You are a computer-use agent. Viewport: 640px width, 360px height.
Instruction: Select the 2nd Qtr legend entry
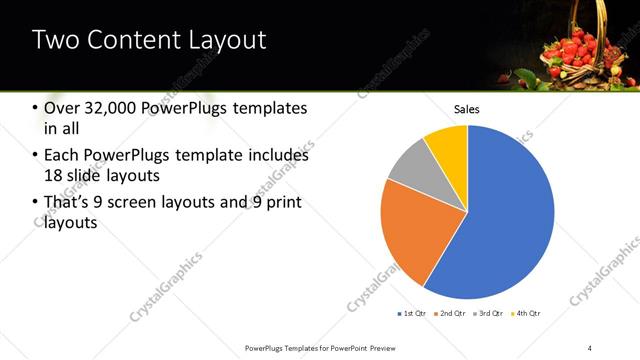450,314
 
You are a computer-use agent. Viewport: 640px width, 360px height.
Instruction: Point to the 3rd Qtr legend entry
489,314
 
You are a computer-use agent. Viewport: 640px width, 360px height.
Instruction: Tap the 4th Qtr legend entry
528,314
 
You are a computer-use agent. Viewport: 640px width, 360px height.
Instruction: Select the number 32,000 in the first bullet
118,108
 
